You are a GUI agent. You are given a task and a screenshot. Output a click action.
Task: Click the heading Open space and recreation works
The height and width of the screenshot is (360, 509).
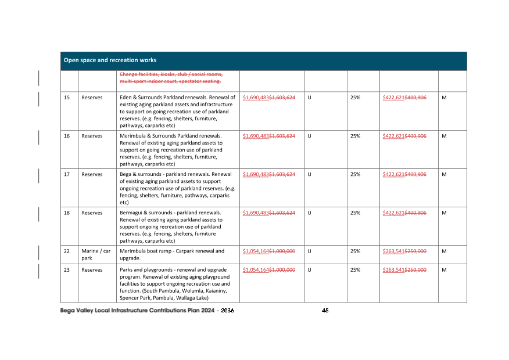click(x=110, y=60)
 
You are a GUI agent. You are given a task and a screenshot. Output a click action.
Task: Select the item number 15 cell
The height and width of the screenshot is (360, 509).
click(x=67, y=98)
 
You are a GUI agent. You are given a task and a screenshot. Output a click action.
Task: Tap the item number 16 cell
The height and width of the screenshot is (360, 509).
click(x=67, y=136)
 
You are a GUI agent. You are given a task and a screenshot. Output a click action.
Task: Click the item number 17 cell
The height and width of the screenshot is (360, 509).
click(x=67, y=174)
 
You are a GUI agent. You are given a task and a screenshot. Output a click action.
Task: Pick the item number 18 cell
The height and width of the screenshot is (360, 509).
click(x=67, y=213)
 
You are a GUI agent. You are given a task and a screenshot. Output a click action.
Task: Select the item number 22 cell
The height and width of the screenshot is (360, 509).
click(x=67, y=251)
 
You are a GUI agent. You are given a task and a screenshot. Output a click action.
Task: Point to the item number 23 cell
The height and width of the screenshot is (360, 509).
click(x=67, y=269)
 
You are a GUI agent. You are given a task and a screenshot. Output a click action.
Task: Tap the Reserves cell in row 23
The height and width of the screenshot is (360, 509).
click(x=92, y=269)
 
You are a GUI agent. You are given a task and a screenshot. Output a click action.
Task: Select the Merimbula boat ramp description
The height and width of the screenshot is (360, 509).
click(x=171, y=254)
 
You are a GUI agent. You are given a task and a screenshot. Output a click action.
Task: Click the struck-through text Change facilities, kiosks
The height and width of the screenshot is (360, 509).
click(x=171, y=78)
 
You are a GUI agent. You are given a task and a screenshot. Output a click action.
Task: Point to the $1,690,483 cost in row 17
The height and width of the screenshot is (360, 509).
click(x=256, y=174)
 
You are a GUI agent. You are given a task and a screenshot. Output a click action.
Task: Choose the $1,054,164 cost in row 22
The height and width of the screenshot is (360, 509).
click(x=256, y=251)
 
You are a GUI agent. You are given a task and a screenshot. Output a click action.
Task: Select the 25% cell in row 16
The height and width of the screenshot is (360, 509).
click(x=355, y=136)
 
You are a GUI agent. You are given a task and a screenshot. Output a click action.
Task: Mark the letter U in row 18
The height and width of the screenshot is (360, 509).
click(x=309, y=213)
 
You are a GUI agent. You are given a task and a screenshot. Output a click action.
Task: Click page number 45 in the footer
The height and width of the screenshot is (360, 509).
click(x=325, y=311)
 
